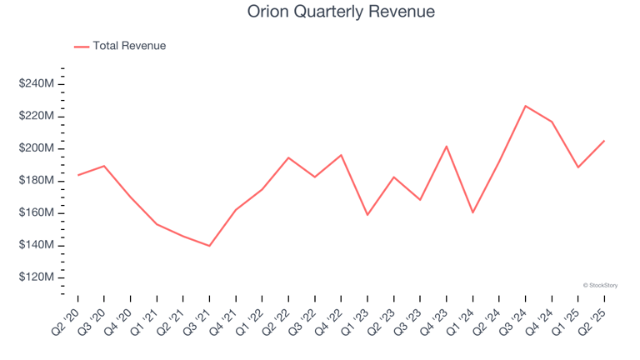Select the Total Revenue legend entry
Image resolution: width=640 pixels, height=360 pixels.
(x=129, y=46)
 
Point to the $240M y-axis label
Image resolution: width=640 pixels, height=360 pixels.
(x=37, y=84)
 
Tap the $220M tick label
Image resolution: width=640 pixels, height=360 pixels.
(x=37, y=116)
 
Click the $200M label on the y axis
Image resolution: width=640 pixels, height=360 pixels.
(x=37, y=148)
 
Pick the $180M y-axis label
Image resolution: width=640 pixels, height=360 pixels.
(x=37, y=181)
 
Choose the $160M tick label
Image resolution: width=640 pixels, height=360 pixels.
(x=37, y=213)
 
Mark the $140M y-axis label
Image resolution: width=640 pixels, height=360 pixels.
(x=37, y=246)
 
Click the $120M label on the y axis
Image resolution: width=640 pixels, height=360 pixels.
(x=37, y=277)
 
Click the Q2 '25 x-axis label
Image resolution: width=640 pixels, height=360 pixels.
(x=594, y=319)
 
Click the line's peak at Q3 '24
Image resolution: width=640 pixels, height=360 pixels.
(x=525, y=106)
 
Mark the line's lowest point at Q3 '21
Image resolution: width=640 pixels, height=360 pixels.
(x=209, y=246)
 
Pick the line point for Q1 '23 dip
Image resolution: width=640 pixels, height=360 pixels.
(x=367, y=215)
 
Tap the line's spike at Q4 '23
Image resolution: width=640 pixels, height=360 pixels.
(x=447, y=147)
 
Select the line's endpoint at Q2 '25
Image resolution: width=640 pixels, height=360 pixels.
(x=604, y=141)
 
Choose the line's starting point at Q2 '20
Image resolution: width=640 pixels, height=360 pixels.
(x=78, y=175)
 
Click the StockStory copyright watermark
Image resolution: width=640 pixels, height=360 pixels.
(x=600, y=285)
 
